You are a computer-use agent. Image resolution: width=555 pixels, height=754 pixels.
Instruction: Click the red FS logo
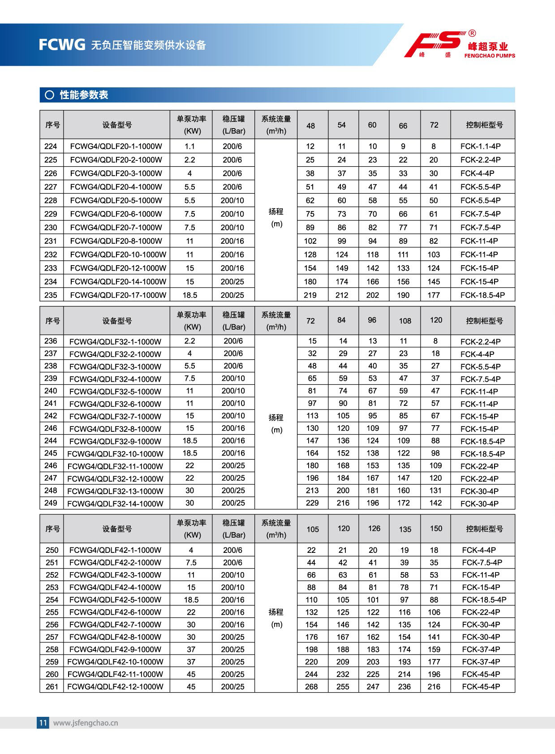[x=433, y=43]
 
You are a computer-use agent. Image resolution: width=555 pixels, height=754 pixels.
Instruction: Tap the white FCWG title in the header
[x=62, y=45]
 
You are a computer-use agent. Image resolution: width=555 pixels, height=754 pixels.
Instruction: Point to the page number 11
[x=43, y=722]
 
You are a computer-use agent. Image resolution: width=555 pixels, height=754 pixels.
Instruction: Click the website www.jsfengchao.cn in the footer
[x=86, y=723]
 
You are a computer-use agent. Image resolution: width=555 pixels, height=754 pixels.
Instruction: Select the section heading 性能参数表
[x=84, y=95]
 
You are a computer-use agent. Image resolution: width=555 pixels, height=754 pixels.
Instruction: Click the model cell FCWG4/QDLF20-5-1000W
[x=116, y=200]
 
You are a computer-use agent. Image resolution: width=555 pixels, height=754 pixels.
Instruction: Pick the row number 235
[x=51, y=295]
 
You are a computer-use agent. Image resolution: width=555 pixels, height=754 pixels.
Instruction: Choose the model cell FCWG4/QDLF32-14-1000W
[x=115, y=503]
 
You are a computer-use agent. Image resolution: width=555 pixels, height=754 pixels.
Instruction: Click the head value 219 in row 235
[x=310, y=295]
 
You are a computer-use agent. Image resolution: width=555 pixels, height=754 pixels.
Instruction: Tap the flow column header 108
[x=405, y=321]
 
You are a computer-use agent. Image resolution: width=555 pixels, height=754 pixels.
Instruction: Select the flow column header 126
[x=374, y=529]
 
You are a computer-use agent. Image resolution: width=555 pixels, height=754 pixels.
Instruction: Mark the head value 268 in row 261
[x=311, y=686]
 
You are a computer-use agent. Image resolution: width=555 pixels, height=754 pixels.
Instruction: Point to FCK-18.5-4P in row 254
[x=484, y=599]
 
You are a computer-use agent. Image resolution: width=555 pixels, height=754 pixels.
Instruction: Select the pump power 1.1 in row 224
[x=189, y=146]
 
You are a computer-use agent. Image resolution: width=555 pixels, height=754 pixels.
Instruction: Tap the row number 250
[x=52, y=550]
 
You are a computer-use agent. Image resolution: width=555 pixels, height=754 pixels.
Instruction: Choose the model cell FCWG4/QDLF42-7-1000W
[x=115, y=624]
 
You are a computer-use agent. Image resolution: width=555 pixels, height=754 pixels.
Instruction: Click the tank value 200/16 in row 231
[x=232, y=241]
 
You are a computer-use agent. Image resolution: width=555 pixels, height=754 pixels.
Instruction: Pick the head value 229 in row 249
[x=312, y=503]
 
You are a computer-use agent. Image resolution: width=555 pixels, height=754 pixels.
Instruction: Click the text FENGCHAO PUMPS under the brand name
[x=490, y=56]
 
